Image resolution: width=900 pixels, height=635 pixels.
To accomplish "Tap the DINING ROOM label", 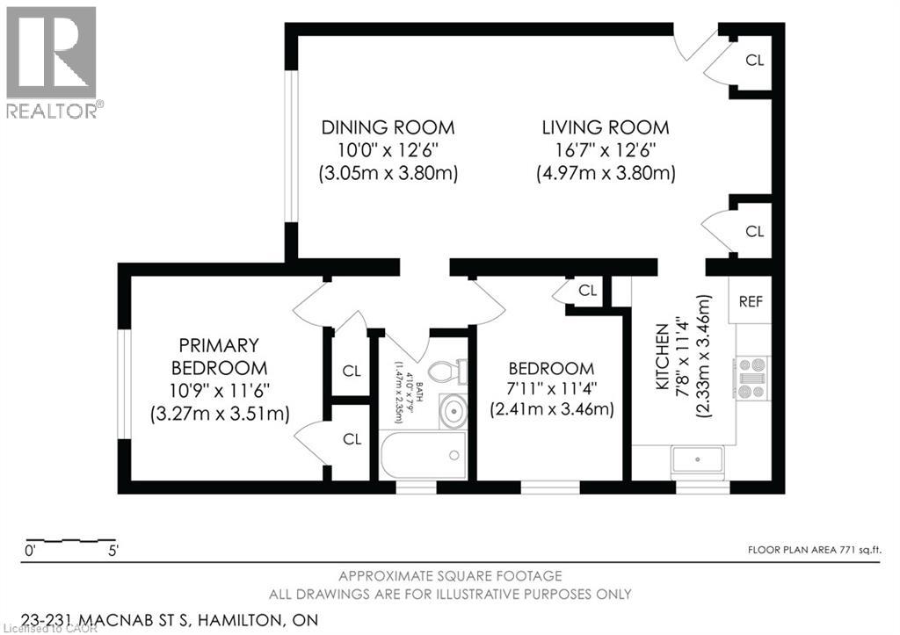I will click(x=388, y=126).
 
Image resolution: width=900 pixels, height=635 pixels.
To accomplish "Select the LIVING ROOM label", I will click(x=605, y=126).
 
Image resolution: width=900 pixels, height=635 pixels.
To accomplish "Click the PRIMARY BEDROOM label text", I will click(x=219, y=356).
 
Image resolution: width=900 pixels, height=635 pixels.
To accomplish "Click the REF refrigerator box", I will click(x=750, y=301).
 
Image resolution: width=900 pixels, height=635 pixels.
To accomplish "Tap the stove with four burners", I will click(x=752, y=378).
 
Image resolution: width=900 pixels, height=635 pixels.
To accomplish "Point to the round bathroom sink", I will click(x=453, y=411).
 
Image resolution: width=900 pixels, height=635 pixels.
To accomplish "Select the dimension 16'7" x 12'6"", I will click(x=605, y=150).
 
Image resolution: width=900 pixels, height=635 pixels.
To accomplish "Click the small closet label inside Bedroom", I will click(x=587, y=290).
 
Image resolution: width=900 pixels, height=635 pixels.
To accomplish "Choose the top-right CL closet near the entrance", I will click(x=754, y=61).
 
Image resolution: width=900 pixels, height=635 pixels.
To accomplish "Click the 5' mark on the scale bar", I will click(x=112, y=552).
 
